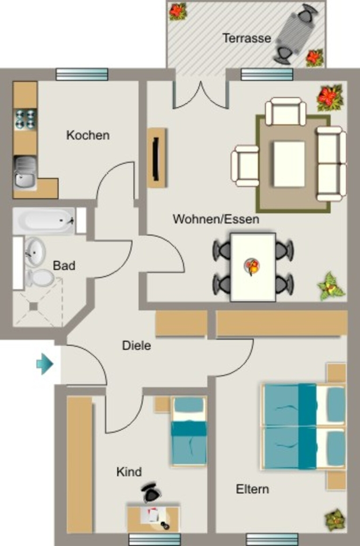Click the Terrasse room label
[x=246, y=38]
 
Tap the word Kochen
[x=88, y=135]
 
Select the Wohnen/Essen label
[x=216, y=219]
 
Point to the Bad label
[x=64, y=266]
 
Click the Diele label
[x=137, y=346]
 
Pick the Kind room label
[x=129, y=472]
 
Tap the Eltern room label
[x=252, y=489]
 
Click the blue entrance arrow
[x=45, y=364]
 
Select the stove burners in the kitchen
[x=26, y=119]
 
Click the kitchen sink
[x=25, y=173]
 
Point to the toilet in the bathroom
[x=39, y=277]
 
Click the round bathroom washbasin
[x=35, y=252]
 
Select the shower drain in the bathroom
[x=34, y=307]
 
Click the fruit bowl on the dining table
[x=252, y=267]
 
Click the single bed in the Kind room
[x=188, y=431]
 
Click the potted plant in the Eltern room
[x=335, y=520]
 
